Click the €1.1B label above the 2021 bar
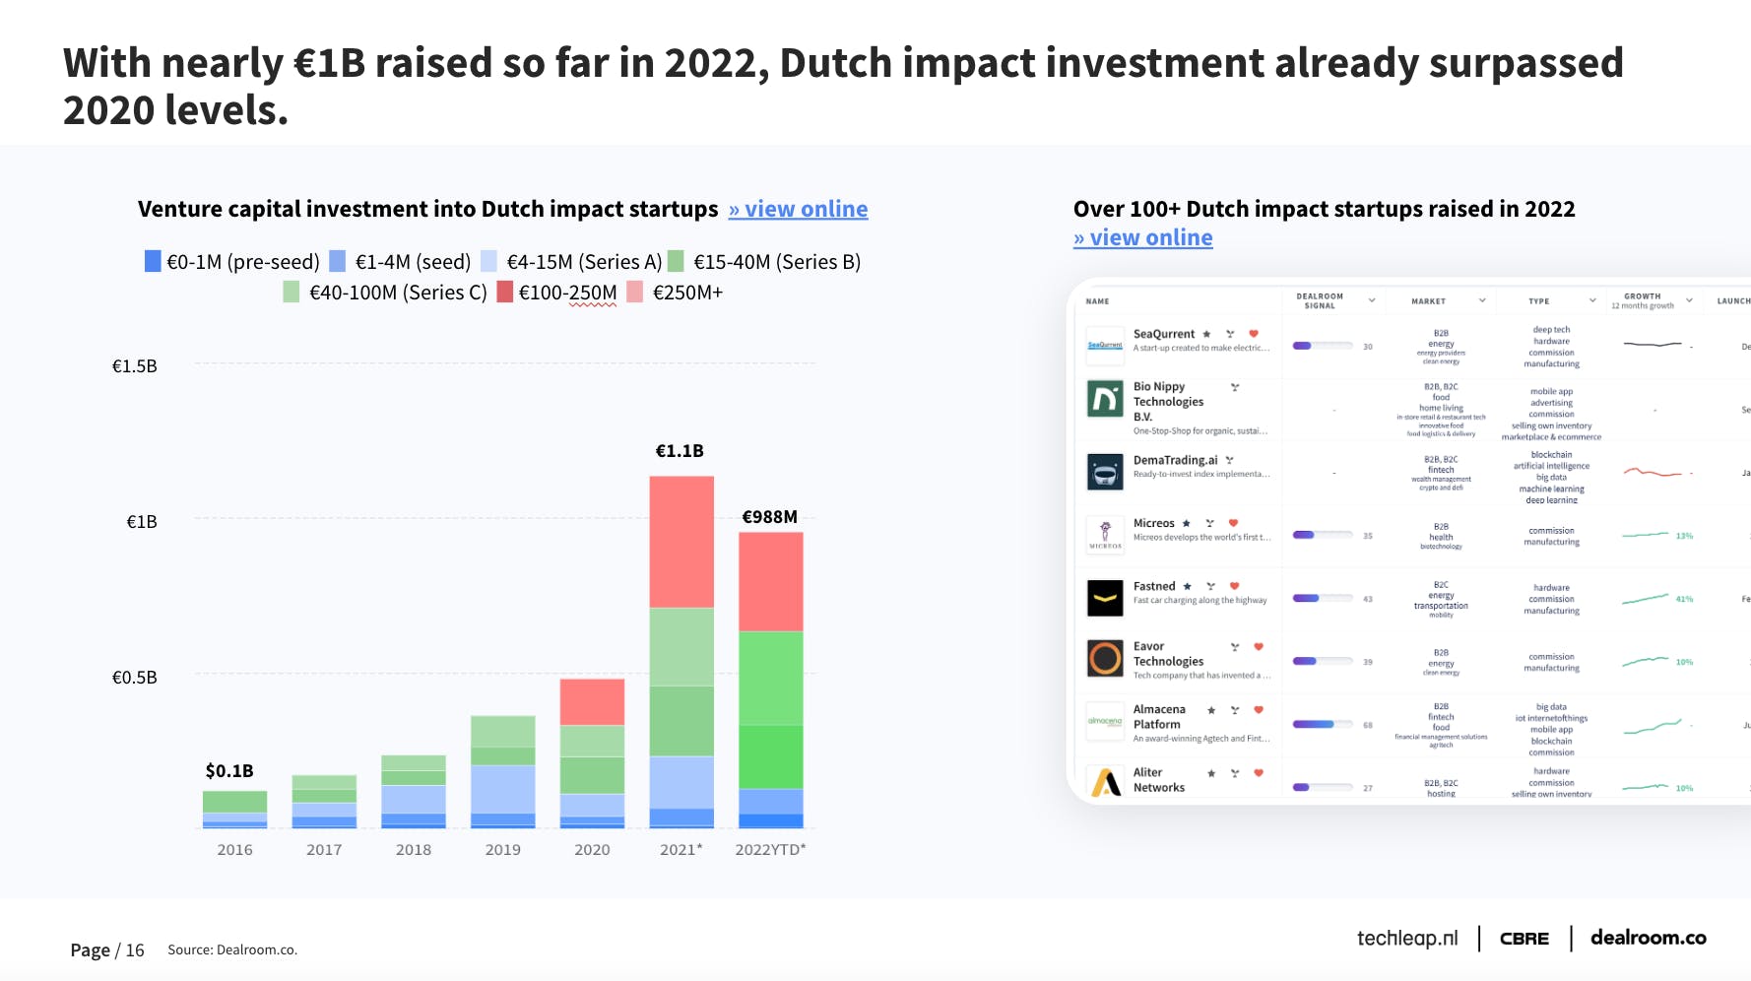coord(680,451)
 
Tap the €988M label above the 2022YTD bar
coord(769,517)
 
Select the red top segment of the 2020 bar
coord(592,701)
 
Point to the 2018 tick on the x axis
coord(413,850)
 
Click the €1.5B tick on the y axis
coord(135,366)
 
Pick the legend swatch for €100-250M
coord(505,293)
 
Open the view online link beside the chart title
coord(798,210)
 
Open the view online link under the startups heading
coord(1142,238)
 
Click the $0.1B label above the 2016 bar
coord(229,771)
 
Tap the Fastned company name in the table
coord(1154,586)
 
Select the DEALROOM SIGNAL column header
coord(1320,300)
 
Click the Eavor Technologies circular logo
coord(1105,658)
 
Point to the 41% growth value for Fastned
coord(1684,599)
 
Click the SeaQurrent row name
coord(1164,334)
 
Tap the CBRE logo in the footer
coord(1524,939)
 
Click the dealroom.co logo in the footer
coord(1648,938)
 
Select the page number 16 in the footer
coord(135,950)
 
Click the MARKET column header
coord(1428,301)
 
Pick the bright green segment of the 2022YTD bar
coord(770,756)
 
